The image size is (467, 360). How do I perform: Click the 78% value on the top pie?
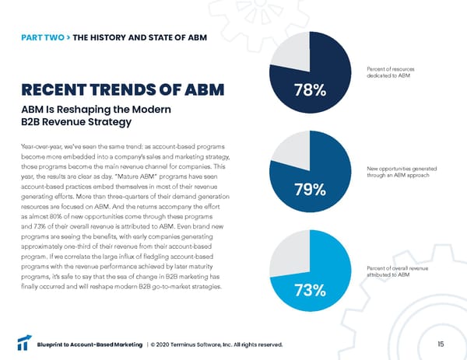click(x=309, y=92)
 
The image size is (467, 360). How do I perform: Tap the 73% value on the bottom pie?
click(x=311, y=290)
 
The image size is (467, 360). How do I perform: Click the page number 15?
click(x=440, y=344)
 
